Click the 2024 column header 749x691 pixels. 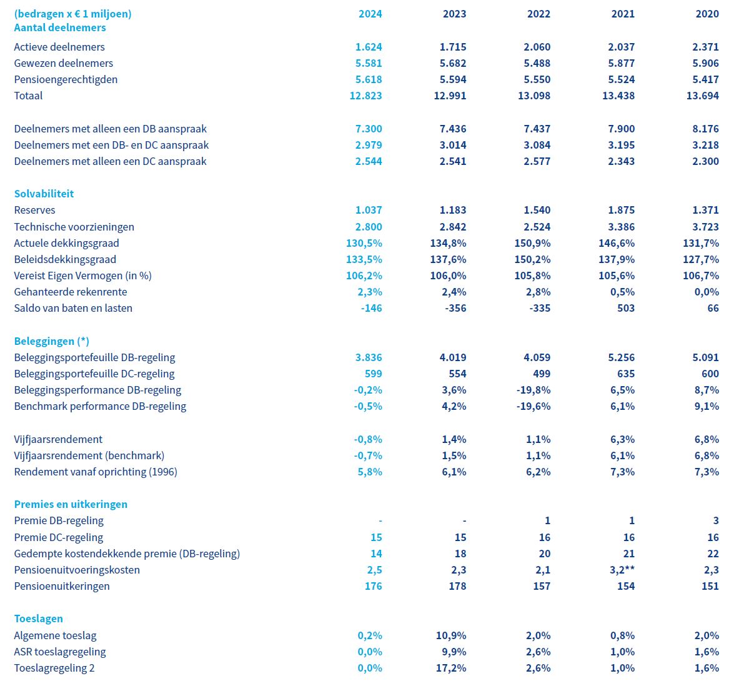(370, 14)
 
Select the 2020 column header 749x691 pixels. (707, 14)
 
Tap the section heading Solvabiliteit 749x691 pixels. (44, 194)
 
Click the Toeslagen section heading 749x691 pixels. (39, 619)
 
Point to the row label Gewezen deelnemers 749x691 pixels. (64, 63)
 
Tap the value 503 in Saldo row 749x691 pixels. (625, 308)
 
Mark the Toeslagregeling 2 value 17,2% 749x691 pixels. (451, 668)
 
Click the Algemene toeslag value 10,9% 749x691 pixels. (451, 635)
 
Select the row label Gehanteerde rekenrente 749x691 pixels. (71, 292)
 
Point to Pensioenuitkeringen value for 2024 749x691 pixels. (373, 586)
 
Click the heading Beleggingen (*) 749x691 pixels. (52, 341)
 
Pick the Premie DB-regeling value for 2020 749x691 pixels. (715, 520)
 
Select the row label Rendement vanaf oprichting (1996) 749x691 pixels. (96, 472)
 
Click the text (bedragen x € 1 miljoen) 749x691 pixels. (73, 14)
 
